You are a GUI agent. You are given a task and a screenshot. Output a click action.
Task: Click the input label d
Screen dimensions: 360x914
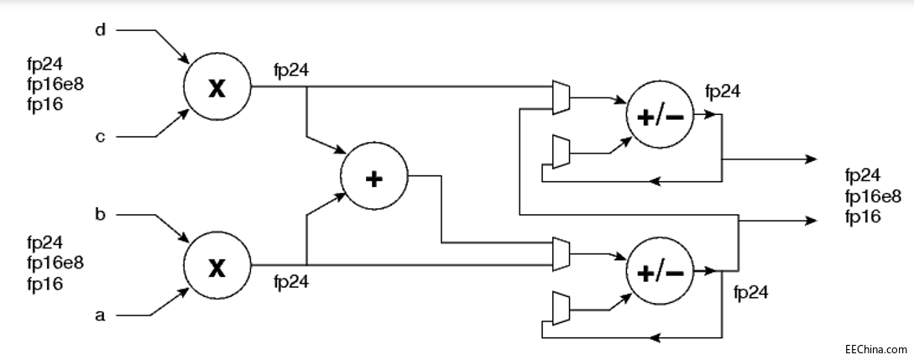[101, 32]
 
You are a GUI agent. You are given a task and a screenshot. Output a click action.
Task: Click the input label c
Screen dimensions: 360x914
[100, 137]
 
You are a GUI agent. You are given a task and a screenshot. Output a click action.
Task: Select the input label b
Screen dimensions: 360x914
[101, 216]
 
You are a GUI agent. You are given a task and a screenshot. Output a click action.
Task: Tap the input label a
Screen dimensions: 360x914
[101, 316]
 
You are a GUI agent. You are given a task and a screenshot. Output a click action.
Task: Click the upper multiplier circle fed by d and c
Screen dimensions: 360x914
[217, 87]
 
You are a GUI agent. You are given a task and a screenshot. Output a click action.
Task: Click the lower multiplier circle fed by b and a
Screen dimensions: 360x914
[217, 268]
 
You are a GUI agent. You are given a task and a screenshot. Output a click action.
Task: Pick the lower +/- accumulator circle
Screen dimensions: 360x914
[661, 272]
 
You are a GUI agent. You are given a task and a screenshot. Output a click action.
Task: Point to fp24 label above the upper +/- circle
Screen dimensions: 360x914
[723, 91]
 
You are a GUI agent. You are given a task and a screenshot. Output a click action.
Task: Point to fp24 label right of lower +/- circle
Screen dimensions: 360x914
[750, 292]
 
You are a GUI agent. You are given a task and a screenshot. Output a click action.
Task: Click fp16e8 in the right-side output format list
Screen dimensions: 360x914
[874, 196]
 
